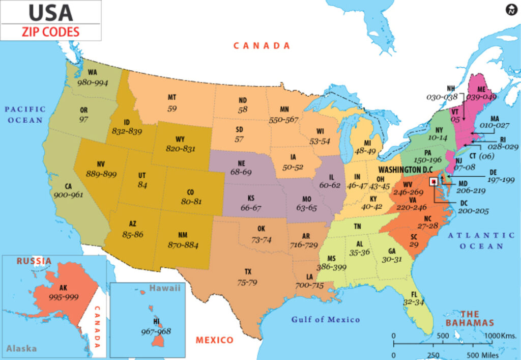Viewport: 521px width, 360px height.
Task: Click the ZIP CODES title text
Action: (50, 32)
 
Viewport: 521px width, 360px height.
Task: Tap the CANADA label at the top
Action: (262, 46)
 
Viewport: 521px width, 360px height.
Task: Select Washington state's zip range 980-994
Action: (93, 82)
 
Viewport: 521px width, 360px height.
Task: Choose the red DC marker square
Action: (433, 181)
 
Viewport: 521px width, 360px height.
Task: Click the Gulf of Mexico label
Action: (325, 320)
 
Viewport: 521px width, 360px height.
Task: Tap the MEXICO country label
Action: (214, 340)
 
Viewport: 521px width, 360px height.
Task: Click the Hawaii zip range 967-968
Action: (156, 331)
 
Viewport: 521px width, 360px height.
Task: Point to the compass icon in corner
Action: (511, 9)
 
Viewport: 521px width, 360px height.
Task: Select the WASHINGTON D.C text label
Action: (405, 169)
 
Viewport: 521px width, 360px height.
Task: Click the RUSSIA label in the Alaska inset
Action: (34, 261)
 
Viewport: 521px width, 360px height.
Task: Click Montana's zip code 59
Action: (172, 108)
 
